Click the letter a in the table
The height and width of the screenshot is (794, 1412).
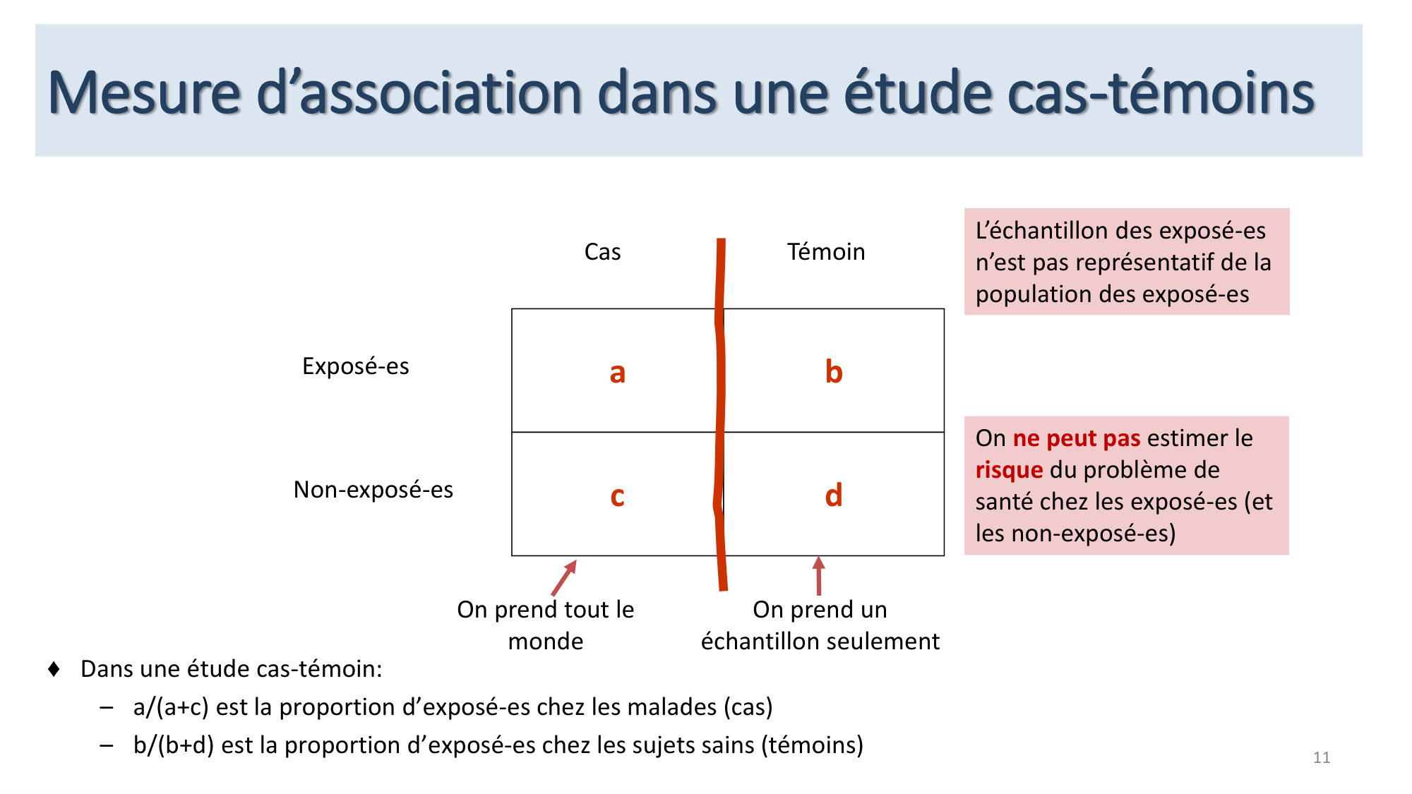[617, 373]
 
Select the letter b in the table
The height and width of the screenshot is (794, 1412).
[834, 371]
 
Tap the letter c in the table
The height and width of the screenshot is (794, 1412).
[617, 496]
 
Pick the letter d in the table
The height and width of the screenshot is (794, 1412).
[834, 495]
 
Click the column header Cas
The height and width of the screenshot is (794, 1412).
[602, 252]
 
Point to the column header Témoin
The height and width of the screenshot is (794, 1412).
[826, 252]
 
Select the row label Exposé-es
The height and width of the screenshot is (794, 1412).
[355, 366]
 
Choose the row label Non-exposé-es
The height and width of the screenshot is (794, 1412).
[373, 490]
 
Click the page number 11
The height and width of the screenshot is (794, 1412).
[1322, 757]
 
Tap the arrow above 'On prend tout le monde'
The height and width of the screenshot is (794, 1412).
[564, 578]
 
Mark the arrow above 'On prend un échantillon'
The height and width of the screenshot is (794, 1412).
[819, 576]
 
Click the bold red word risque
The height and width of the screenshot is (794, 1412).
[1009, 470]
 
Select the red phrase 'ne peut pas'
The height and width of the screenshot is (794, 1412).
[1076, 438]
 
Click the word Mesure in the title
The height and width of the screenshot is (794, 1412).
[144, 93]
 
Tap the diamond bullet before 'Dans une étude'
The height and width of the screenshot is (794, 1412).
[54, 668]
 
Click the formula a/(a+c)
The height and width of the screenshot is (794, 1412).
[171, 707]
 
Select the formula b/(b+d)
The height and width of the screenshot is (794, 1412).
[173, 745]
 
